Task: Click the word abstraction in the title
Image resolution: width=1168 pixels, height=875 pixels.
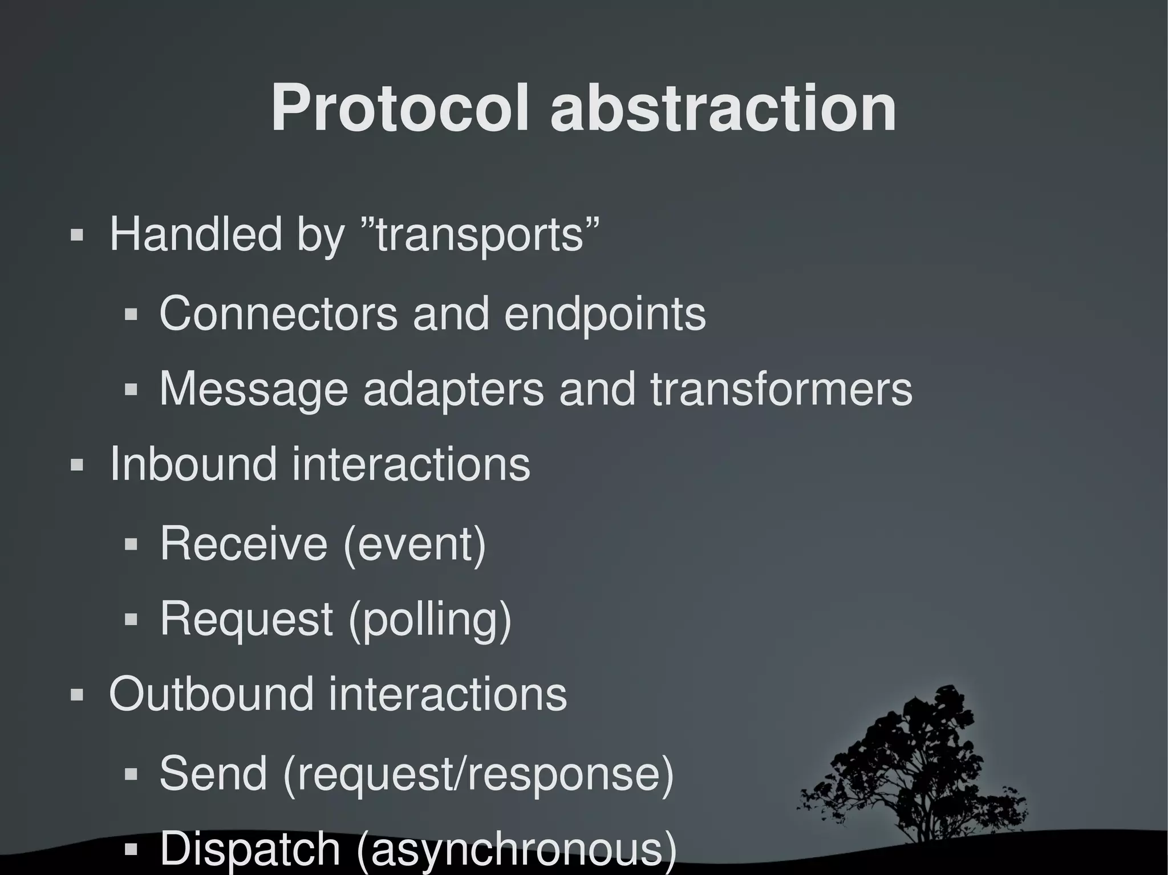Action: (723, 108)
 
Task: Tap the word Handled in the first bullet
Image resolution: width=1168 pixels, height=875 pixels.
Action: (196, 234)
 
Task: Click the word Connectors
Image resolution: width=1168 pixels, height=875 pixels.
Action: (278, 314)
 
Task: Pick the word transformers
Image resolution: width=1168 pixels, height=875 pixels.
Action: (781, 389)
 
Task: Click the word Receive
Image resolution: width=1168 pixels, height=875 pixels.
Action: (244, 544)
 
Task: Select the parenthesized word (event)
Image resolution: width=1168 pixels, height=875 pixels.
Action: (415, 545)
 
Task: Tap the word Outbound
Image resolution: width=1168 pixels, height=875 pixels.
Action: (211, 695)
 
